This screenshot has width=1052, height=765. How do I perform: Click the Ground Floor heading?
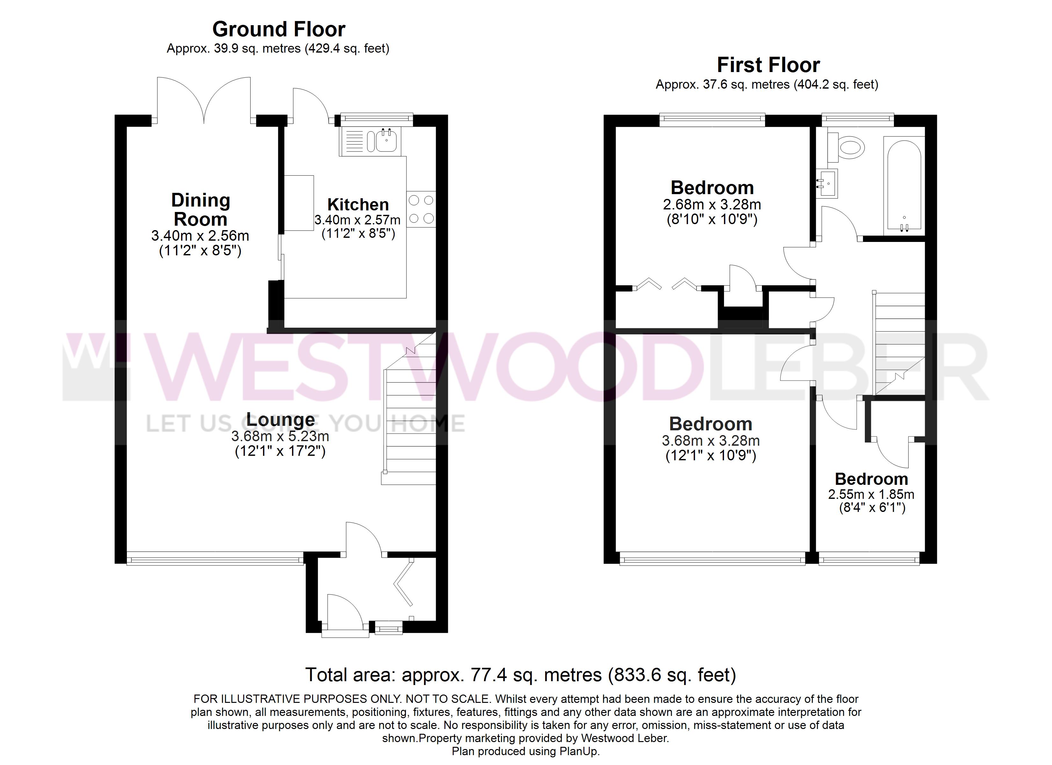pyautogui.click(x=279, y=29)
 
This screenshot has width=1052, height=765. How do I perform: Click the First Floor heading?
pyautogui.click(x=768, y=65)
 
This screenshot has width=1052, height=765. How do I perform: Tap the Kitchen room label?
pyautogui.click(x=358, y=205)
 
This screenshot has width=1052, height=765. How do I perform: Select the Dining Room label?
pyautogui.click(x=201, y=210)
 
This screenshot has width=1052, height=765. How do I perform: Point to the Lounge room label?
pyautogui.click(x=280, y=419)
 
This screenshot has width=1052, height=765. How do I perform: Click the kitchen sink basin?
pyautogui.click(x=386, y=141)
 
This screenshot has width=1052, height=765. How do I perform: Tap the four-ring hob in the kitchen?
pyautogui.click(x=421, y=209)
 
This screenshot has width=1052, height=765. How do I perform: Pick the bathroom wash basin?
pyautogui.click(x=827, y=184)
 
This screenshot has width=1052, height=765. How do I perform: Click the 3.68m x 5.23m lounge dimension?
pyautogui.click(x=280, y=436)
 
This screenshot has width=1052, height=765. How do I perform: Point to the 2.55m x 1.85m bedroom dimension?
pyautogui.click(x=871, y=494)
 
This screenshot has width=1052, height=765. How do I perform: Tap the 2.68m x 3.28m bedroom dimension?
pyautogui.click(x=712, y=205)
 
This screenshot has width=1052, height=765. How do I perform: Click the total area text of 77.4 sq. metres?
pyautogui.click(x=521, y=675)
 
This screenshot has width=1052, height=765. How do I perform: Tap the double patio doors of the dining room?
pyautogui.click(x=204, y=100)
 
